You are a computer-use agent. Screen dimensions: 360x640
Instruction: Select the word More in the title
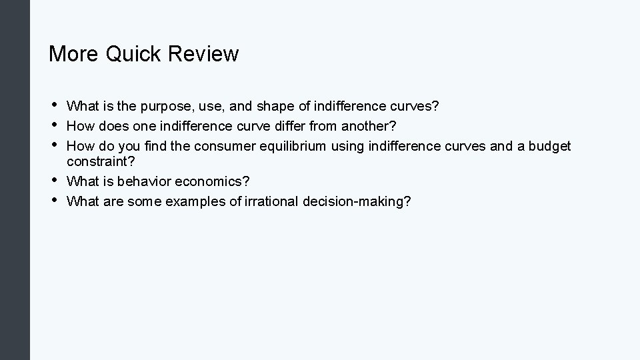point(73,53)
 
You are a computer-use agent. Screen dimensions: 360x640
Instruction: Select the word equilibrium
point(293,146)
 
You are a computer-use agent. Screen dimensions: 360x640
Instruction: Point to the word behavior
point(145,181)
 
